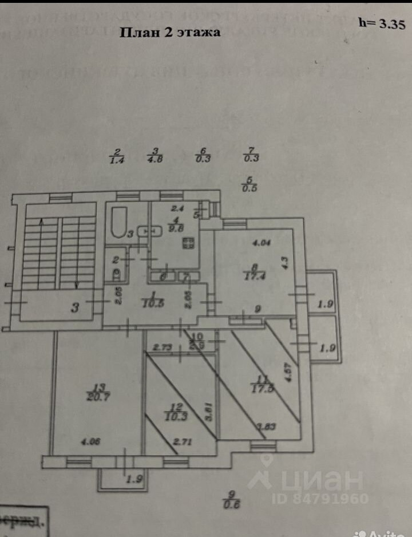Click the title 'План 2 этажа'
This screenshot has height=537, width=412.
point(169,32)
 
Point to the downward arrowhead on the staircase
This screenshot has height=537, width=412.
point(77,285)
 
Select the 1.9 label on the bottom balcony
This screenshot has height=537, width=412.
point(134,480)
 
